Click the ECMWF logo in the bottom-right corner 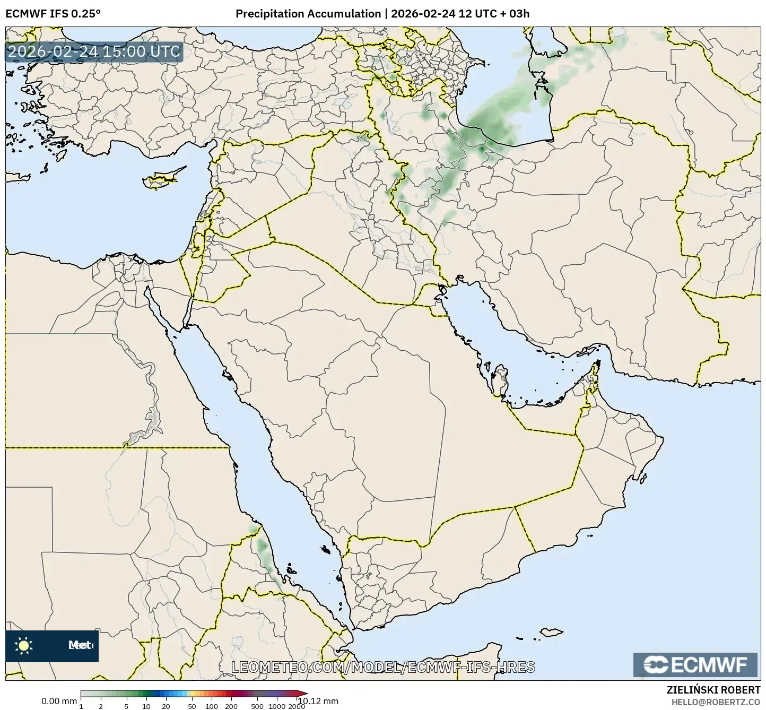click(x=695, y=664)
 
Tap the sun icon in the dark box click(x=24, y=645)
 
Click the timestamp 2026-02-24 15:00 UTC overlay click(x=94, y=51)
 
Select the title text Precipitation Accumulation click(x=308, y=14)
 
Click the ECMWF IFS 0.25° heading click(x=53, y=14)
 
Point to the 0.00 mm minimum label click(x=59, y=701)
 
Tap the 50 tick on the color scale click(x=192, y=706)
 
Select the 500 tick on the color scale click(x=257, y=706)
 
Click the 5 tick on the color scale click(x=126, y=706)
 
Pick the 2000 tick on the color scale click(x=296, y=706)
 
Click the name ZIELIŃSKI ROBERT click(x=713, y=690)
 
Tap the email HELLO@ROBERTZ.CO click(x=716, y=702)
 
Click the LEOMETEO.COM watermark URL click(x=383, y=667)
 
